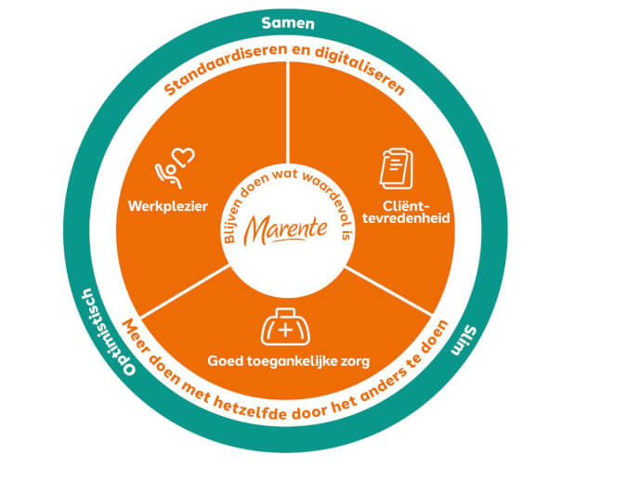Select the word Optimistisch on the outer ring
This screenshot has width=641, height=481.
[107, 331]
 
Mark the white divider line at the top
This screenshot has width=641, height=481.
[288, 121]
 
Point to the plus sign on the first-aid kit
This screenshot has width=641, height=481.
[286, 330]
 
